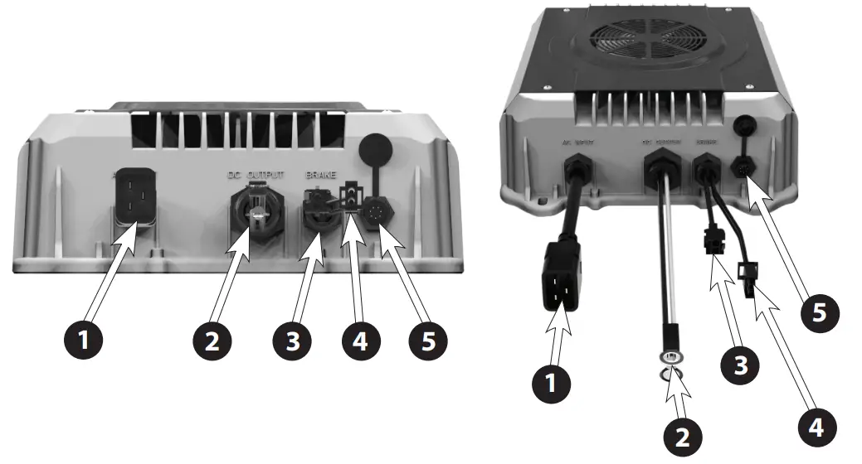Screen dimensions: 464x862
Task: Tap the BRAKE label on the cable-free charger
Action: (324, 176)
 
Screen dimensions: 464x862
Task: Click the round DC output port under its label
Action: (256, 215)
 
